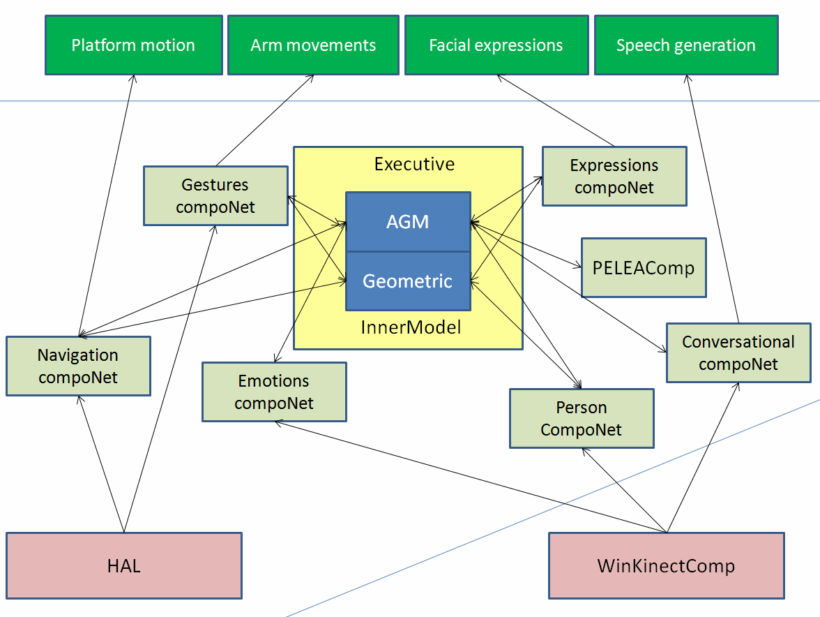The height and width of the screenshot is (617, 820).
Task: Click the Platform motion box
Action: tap(134, 45)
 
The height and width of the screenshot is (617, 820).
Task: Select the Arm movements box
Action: tap(313, 45)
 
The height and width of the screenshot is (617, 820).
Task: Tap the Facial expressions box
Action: tap(496, 45)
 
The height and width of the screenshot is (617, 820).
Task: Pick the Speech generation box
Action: tap(686, 45)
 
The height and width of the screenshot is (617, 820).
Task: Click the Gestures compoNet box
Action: tap(215, 195)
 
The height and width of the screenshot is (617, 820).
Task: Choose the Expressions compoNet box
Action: tap(614, 176)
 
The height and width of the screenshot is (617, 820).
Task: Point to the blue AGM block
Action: tap(408, 222)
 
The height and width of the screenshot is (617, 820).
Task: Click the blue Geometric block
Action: tap(408, 281)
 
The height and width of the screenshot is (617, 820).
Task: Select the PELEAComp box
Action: tap(643, 267)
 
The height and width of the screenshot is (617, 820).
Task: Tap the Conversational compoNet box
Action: tap(738, 352)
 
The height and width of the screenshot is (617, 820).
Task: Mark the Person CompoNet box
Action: tap(582, 418)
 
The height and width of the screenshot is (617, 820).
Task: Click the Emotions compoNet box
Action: tap(274, 392)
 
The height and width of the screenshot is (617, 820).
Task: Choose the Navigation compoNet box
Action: tap(78, 366)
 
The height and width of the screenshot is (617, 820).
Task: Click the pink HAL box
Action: tap(124, 565)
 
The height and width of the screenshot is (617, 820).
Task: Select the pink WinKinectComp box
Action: tap(666, 565)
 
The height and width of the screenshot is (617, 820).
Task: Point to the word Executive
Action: tap(414, 164)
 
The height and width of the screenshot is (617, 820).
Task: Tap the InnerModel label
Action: tap(411, 327)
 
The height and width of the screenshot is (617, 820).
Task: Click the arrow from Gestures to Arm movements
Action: tap(264, 120)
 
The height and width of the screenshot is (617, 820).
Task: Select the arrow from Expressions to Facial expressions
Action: tap(556, 111)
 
